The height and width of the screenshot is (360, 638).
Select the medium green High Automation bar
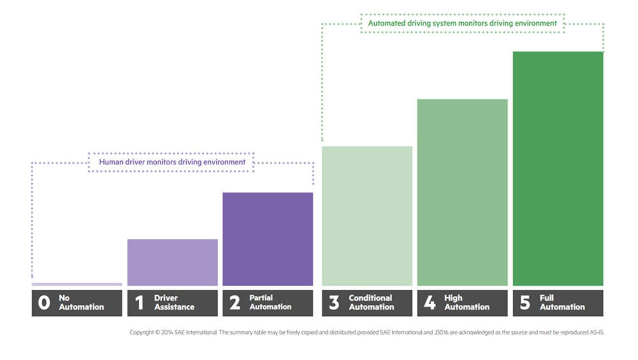[462, 192]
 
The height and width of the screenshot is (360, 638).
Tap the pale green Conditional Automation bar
[367, 216]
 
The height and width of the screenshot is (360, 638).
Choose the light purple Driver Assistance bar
[172, 262]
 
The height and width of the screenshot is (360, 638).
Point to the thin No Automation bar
[77, 284]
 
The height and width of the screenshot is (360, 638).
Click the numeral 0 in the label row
[44, 303]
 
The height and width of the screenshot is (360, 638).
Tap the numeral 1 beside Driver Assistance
[139, 303]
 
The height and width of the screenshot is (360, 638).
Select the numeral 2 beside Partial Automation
[235, 303]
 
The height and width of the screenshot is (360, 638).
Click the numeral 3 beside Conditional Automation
[334, 303]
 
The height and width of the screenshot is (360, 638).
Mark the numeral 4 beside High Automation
[429, 303]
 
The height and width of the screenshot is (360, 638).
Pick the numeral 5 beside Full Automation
[525, 303]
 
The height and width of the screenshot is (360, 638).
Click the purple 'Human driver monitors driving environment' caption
[172, 162]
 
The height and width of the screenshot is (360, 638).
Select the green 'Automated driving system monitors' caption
[462, 24]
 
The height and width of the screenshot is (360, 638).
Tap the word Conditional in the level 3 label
[370, 298]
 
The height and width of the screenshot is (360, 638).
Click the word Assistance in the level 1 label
[174, 307]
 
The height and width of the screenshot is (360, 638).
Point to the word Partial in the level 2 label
[261, 298]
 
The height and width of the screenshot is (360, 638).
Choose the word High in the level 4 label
[453, 298]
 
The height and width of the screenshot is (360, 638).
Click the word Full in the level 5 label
[546, 298]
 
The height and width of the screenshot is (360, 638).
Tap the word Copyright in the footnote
[141, 333]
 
